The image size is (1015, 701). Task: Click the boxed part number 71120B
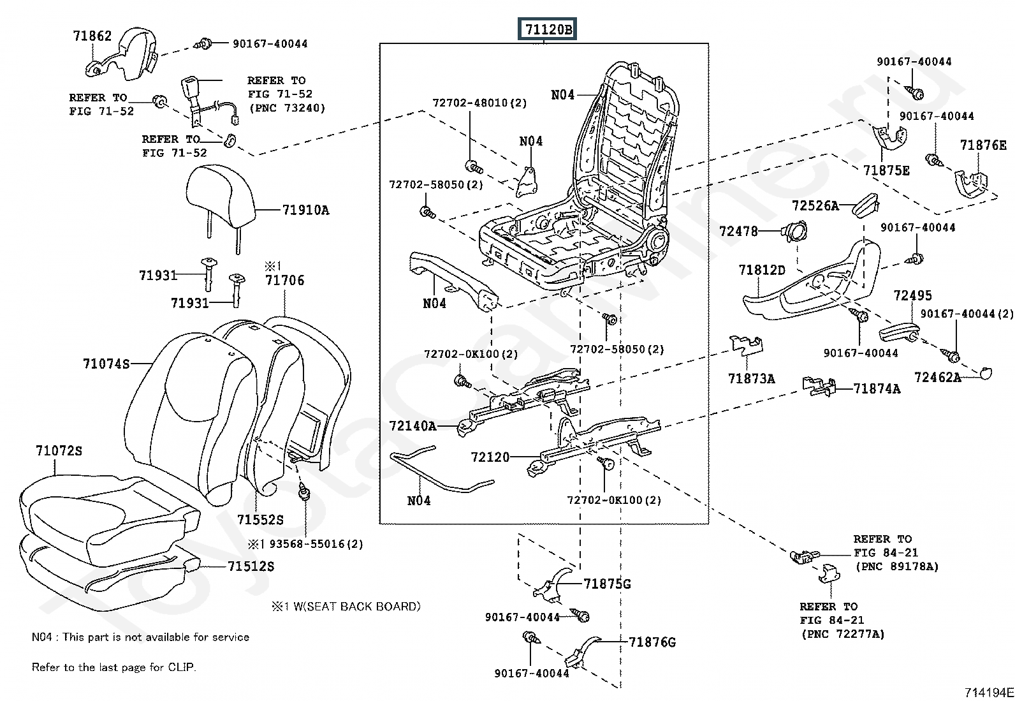click(x=548, y=29)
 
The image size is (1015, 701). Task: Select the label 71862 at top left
click(x=92, y=36)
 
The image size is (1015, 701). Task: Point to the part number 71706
click(x=285, y=280)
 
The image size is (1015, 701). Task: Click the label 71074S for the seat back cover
click(x=106, y=364)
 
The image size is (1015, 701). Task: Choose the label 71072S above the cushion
click(x=59, y=451)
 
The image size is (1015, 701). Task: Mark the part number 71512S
click(x=251, y=566)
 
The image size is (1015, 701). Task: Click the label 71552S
click(x=260, y=520)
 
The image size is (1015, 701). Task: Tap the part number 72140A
click(x=413, y=425)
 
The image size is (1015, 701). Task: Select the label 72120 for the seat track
click(x=490, y=457)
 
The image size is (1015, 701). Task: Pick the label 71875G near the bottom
click(x=606, y=584)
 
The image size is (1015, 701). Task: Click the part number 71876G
click(x=652, y=642)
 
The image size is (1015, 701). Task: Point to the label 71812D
click(x=762, y=270)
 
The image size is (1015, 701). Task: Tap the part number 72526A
click(x=815, y=205)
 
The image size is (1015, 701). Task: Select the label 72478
click(x=738, y=231)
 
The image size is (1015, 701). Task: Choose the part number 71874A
click(x=877, y=388)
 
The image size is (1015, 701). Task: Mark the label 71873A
click(x=751, y=379)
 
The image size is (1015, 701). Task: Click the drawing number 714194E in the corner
click(x=988, y=692)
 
